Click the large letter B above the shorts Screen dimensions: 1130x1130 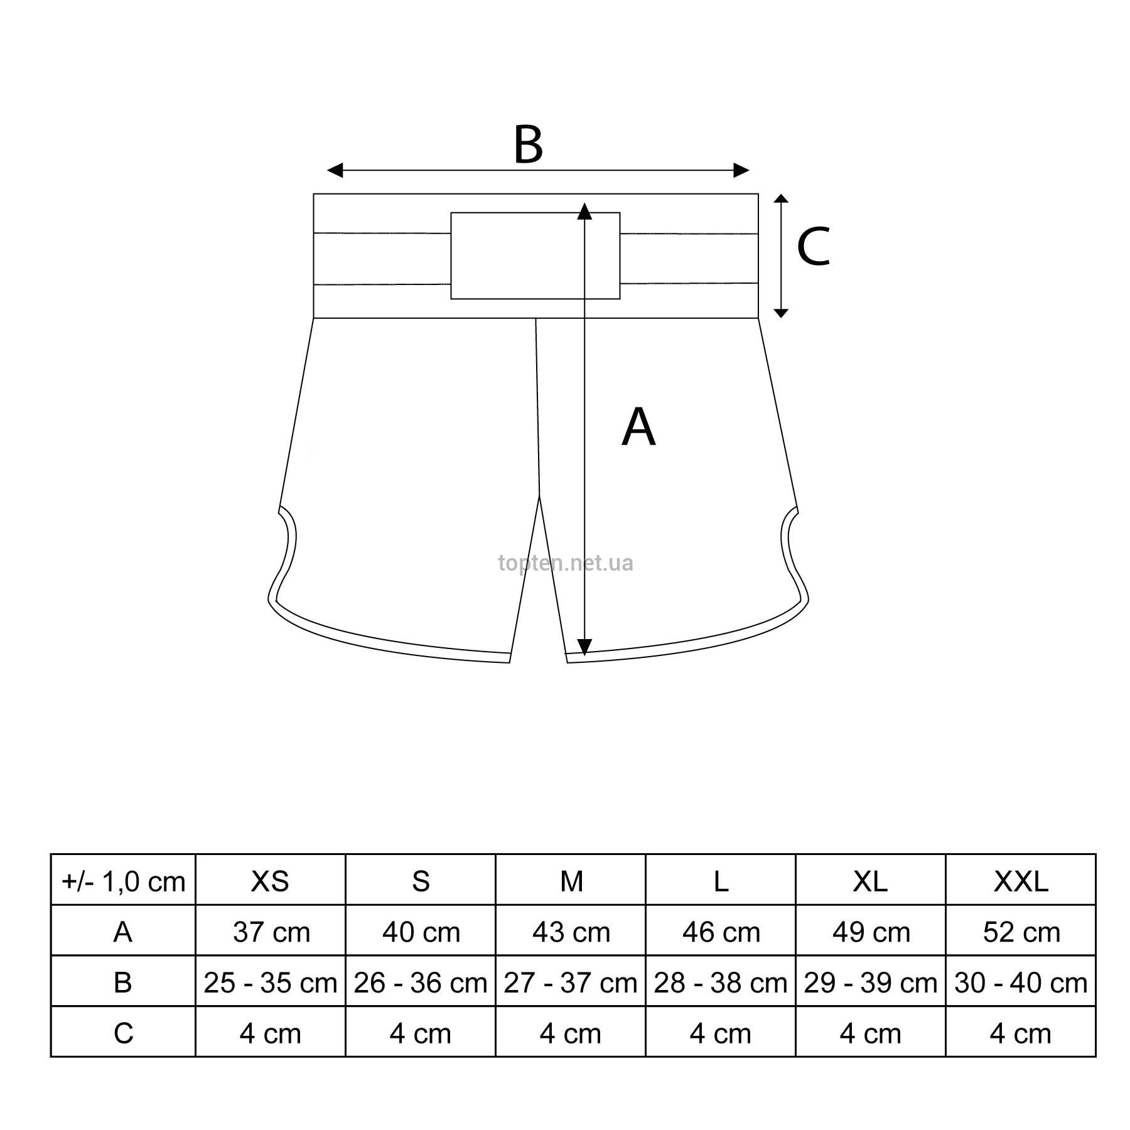click(528, 145)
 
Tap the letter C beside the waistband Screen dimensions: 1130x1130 click(813, 246)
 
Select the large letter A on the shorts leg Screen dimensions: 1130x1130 click(638, 427)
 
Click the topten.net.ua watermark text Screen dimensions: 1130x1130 click(566, 563)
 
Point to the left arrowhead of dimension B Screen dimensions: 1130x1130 click(335, 169)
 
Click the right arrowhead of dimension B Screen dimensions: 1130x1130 click(741, 169)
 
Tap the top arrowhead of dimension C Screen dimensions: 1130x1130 click(780, 198)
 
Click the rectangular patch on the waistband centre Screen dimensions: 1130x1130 click(535, 256)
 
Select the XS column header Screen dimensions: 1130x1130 click(270, 881)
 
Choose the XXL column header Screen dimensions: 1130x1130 click(1021, 881)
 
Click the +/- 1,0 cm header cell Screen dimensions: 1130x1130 click(123, 881)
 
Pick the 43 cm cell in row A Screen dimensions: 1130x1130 click(571, 932)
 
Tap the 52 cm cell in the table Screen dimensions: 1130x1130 click(1021, 932)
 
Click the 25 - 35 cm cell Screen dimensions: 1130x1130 click(271, 982)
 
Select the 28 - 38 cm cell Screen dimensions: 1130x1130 click(721, 982)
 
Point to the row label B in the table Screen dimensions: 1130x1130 click(123, 982)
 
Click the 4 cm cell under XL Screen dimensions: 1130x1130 click(871, 1033)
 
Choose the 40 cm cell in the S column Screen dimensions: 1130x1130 click(421, 932)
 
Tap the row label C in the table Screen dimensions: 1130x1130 click(123, 1033)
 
